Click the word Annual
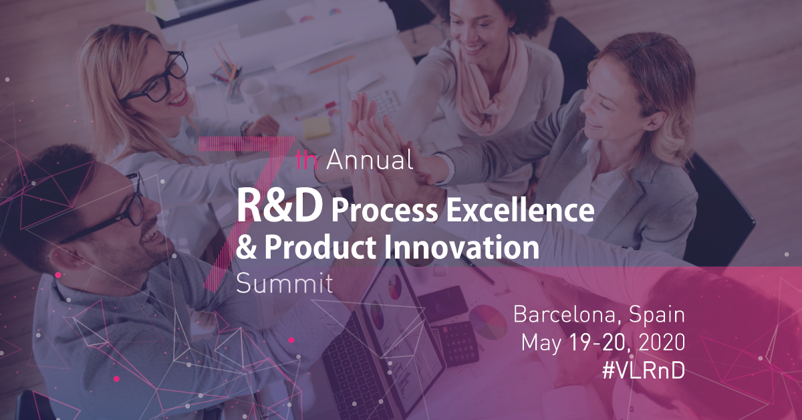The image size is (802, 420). coord(370,160)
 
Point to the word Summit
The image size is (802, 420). coord(285,283)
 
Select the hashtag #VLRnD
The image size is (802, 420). coord(644,371)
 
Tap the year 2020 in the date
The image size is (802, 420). coord(662,342)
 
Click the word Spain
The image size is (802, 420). coord(656,314)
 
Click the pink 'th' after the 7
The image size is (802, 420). coord(307,161)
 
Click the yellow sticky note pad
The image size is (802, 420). coord(317,127)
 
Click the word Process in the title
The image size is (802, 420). coord(384,211)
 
